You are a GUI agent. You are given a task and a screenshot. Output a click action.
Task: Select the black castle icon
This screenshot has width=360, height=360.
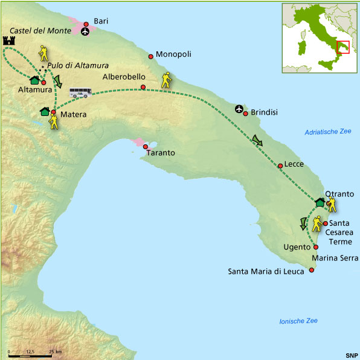coord(9,40)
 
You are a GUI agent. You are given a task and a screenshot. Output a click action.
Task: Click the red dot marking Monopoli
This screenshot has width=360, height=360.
coord(150,57)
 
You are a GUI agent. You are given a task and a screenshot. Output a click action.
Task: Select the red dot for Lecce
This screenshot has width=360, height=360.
coord(280,166)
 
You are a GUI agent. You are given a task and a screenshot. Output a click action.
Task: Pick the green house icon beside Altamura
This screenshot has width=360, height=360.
coord(34,80)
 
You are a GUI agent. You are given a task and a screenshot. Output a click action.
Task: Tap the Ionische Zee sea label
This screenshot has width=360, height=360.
coord(298,321)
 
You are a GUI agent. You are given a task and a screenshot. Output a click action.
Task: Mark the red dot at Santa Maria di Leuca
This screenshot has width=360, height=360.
coord(312,270)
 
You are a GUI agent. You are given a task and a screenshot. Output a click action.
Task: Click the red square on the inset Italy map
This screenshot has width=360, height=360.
coord(342,47)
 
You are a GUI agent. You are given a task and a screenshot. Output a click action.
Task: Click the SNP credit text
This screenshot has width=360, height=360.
coord(351,355)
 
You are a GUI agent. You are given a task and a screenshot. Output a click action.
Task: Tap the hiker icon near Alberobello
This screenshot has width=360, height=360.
coord(166,80)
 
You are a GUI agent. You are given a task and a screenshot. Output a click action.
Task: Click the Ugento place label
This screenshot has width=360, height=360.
coord(297,247)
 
